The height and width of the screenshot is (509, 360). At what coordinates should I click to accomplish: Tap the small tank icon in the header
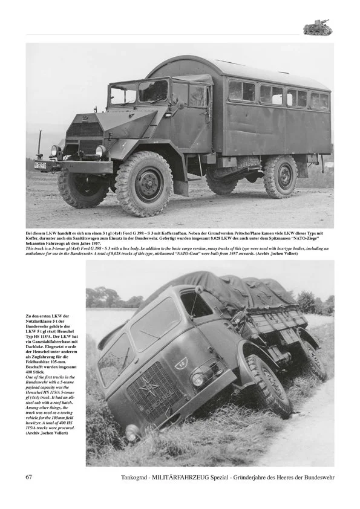316,28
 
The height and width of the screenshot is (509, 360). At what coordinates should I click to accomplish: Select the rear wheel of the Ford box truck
281,177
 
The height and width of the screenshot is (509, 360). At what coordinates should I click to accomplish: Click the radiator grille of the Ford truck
83,137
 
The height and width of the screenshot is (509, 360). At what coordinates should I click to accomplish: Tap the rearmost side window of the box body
320,100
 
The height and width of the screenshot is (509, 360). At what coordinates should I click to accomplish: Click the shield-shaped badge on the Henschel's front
182,363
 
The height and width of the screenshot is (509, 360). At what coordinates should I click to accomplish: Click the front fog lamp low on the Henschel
133,432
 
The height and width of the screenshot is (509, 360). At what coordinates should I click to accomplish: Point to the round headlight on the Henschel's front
198,380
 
